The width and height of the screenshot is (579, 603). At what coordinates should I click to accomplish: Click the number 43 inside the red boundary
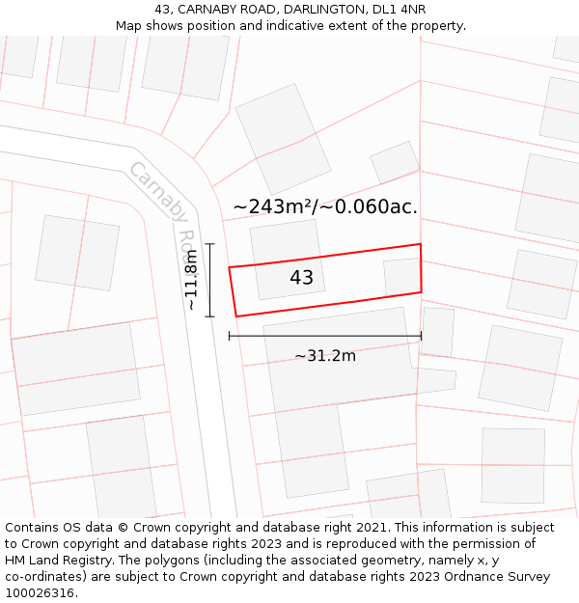pyautogui.click(x=301, y=278)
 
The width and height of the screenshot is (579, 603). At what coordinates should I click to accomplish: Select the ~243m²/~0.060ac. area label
pyautogui.click(x=325, y=206)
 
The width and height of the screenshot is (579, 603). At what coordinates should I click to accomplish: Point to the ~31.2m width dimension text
pyautogui.click(x=325, y=356)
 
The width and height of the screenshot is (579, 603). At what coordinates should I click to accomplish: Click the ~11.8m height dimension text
pyautogui.click(x=191, y=280)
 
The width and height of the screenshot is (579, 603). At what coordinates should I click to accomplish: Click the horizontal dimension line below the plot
pyautogui.click(x=325, y=336)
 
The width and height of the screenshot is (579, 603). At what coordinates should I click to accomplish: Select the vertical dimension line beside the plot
pyautogui.click(x=209, y=280)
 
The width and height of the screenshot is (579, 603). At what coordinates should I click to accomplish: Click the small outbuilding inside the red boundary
pyautogui.click(x=401, y=277)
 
